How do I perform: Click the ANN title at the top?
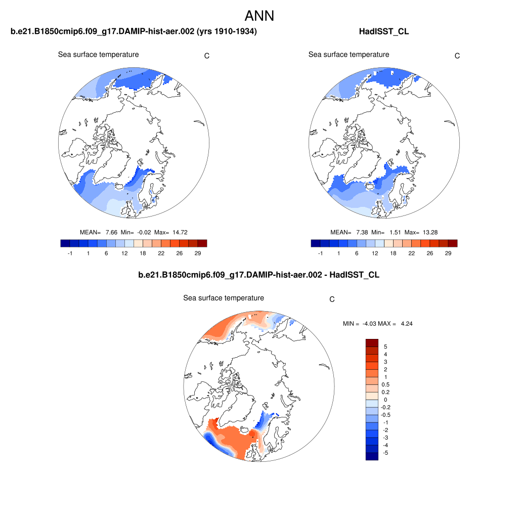[x=259, y=16]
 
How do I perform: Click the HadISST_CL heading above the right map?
[x=383, y=32]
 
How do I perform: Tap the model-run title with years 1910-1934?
[x=134, y=32]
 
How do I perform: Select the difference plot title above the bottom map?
[x=258, y=275]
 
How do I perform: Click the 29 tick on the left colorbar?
[x=197, y=253]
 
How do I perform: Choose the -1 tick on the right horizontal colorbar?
[x=320, y=253]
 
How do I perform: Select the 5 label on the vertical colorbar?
[x=386, y=347]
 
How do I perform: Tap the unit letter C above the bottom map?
[x=332, y=299]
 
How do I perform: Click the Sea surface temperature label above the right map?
[x=349, y=55]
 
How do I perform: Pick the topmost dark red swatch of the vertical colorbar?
[x=372, y=343]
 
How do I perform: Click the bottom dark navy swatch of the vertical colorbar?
[x=372, y=456]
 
